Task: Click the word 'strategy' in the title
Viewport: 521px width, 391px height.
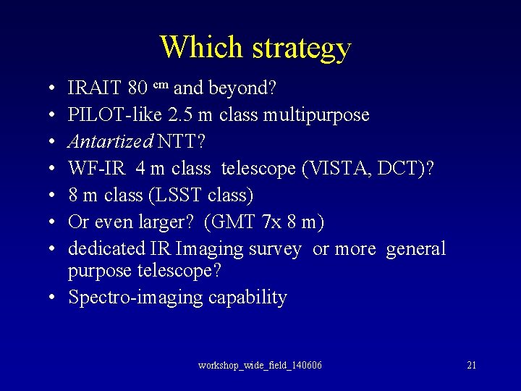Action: point(302,48)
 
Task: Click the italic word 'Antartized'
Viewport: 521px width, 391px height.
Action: point(108,142)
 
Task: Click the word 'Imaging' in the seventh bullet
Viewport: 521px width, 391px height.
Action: point(211,249)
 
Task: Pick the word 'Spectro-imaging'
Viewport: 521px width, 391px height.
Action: point(135,298)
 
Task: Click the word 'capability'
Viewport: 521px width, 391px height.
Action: point(247,298)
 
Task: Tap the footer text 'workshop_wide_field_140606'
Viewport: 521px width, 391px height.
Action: point(260,365)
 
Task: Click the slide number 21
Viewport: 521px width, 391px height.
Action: point(471,365)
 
